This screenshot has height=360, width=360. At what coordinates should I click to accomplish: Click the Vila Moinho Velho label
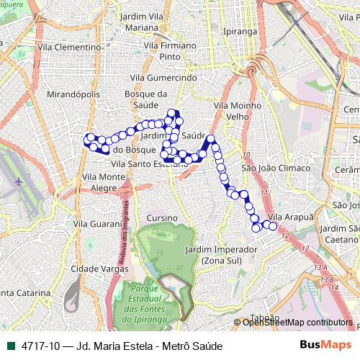tap(233, 111)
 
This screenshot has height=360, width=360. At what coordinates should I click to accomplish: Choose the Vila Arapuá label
tap(291, 217)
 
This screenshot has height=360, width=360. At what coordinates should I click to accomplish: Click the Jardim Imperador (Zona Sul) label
tap(220, 254)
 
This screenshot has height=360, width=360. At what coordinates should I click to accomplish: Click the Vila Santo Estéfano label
tap(149, 164)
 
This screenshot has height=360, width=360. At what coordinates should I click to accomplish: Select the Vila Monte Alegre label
tap(104, 181)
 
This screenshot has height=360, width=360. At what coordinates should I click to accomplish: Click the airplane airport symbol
tap(17, 182)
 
